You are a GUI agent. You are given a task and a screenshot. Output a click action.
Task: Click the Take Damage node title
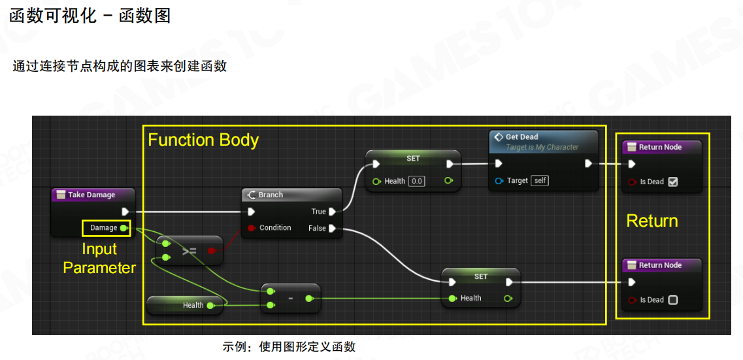click(x=91, y=195)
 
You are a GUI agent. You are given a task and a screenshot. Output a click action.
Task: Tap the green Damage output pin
click(x=124, y=228)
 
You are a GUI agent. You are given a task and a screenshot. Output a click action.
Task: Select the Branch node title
click(x=271, y=195)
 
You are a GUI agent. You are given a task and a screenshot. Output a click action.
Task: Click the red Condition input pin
click(x=252, y=228)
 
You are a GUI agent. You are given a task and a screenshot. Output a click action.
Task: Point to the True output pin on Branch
click(x=333, y=212)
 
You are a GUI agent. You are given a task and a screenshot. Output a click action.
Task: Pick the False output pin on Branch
click(x=333, y=228)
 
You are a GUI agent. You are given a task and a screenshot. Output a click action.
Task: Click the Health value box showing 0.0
click(x=416, y=181)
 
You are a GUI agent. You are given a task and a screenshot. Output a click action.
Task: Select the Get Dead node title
click(x=521, y=137)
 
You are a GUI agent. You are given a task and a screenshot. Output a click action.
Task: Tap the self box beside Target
click(x=539, y=180)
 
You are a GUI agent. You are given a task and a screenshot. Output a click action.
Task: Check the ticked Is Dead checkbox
click(x=673, y=182)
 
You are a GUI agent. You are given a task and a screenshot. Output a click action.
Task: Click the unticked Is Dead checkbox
click(x=673, y=300)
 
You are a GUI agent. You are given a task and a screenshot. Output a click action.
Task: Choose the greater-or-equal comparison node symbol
click(x=190, y=250)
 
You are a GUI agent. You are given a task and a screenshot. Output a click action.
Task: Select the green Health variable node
click(x=184, y=305)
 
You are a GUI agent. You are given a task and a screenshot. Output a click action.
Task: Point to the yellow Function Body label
click(x=203, y=140)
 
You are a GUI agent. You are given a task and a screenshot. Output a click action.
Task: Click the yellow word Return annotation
click(x=652, y=221)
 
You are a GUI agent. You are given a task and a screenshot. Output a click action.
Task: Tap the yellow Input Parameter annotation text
click(x=99, y=258)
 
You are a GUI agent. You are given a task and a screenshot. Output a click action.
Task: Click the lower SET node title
click(x=480, y=276)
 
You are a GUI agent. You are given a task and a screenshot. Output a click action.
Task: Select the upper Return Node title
click(x=660, y=147)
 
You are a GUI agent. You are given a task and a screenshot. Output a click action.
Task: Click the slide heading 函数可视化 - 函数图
click(x=90, y=16)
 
